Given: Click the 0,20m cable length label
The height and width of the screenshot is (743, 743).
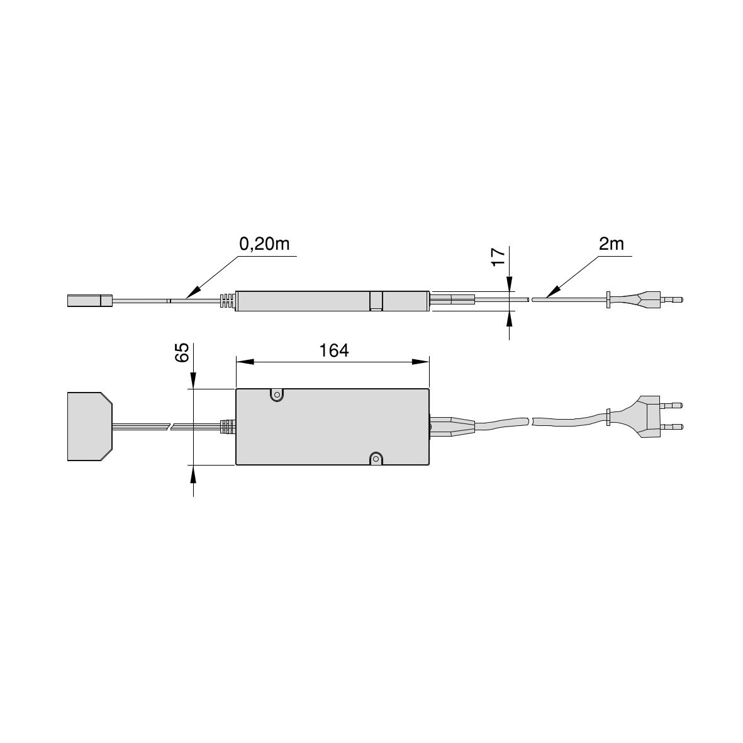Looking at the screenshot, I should coord(264,244).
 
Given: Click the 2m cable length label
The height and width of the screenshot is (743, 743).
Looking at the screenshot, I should coord(611,244).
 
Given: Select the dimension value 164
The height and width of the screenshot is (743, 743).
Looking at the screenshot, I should coord(333,350).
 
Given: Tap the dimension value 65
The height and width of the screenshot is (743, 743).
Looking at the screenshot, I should coord(182,352).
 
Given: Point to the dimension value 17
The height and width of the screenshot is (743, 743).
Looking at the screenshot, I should coord(498,256).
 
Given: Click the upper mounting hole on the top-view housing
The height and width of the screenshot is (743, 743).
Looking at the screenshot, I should coord(276,394).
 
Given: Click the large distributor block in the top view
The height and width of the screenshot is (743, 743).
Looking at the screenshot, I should coord(89,427).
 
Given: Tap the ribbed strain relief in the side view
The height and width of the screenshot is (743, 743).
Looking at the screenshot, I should coord(227,301).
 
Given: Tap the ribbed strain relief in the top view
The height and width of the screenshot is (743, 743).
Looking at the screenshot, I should coord(227,427).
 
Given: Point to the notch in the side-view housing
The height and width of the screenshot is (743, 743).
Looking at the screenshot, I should coord(376,301).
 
